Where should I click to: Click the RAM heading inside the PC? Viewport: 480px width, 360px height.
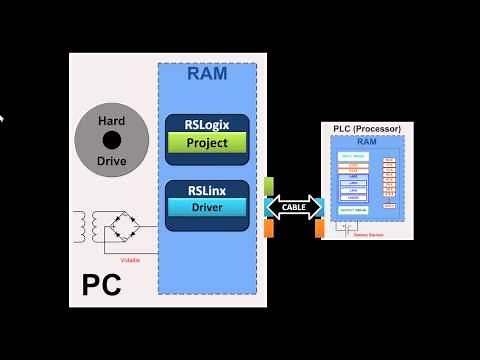[x=207, y=73]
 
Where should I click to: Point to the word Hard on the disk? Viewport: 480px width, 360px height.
[x=111, y=120]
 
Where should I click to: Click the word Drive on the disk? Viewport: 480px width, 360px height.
[x=111, y=160]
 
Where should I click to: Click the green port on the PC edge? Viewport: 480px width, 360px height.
[x=269, y=185]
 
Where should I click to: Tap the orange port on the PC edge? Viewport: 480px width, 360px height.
[x=269, y=229]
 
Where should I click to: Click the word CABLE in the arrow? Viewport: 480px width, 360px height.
[x=294, y=208]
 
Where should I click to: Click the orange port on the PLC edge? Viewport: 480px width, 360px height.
[x=320, y=229]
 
